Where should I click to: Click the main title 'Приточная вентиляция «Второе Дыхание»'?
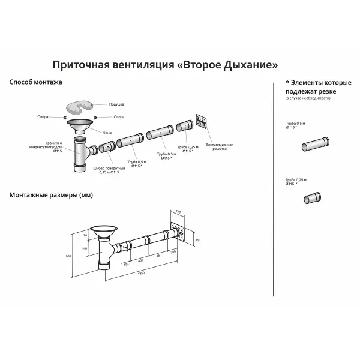[166, 64]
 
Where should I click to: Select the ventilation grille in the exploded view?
[202, 122]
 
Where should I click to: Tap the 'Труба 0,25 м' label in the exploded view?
[186, 148]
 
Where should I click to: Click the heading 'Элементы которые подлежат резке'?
[314, 87]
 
